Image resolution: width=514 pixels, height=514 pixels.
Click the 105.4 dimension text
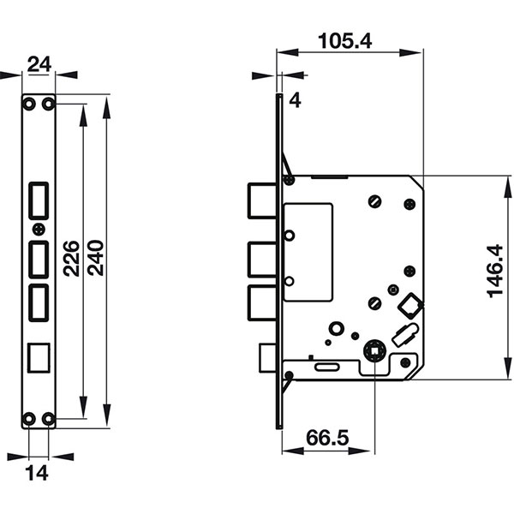[x=350, y=39]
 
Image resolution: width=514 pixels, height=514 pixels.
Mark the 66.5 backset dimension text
[x=327, y=438]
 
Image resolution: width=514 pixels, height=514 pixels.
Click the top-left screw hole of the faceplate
[x=30, y=104]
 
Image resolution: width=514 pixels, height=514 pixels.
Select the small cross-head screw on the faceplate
[x=39, y=229]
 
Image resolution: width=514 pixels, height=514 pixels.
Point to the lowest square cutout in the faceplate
[x=39, y=356]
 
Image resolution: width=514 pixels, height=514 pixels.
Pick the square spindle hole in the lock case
[x=374, y=349]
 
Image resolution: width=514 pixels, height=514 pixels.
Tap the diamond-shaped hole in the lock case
[x=411, y=305]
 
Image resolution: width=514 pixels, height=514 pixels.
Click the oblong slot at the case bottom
[x=329, y=367]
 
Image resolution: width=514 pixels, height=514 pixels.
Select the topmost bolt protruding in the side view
[x=260, y=202]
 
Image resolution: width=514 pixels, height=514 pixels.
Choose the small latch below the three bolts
[x=266, y=357]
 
